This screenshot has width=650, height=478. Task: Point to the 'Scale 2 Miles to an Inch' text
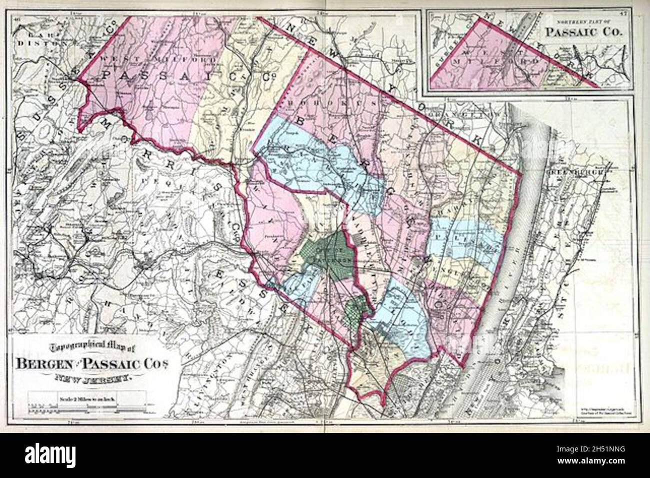pyautogui.click(x=88, y=399)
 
